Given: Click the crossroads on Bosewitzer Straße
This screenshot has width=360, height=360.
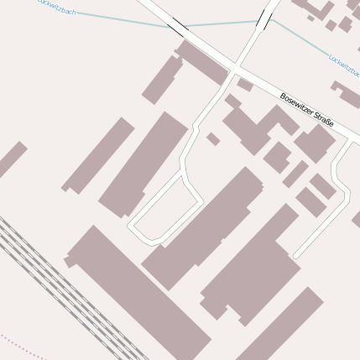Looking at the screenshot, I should (x=236, y=68).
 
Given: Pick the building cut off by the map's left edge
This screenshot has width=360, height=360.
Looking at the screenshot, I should (x=11, y=159).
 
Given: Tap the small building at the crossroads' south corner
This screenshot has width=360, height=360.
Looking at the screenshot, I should (x=244, y=85).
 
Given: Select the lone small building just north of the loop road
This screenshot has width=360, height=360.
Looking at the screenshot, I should (x=213, y=138).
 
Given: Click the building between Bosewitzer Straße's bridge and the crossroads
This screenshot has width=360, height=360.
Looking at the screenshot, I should (x=201, y=61).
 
